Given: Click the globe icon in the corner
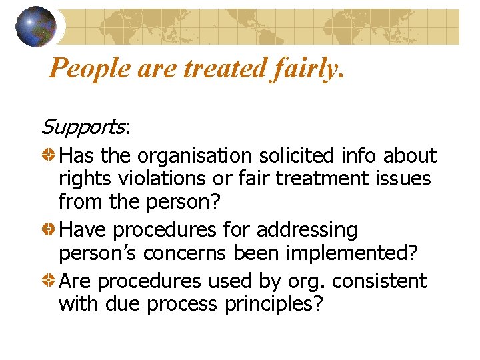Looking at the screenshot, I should (x=35, y=26).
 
